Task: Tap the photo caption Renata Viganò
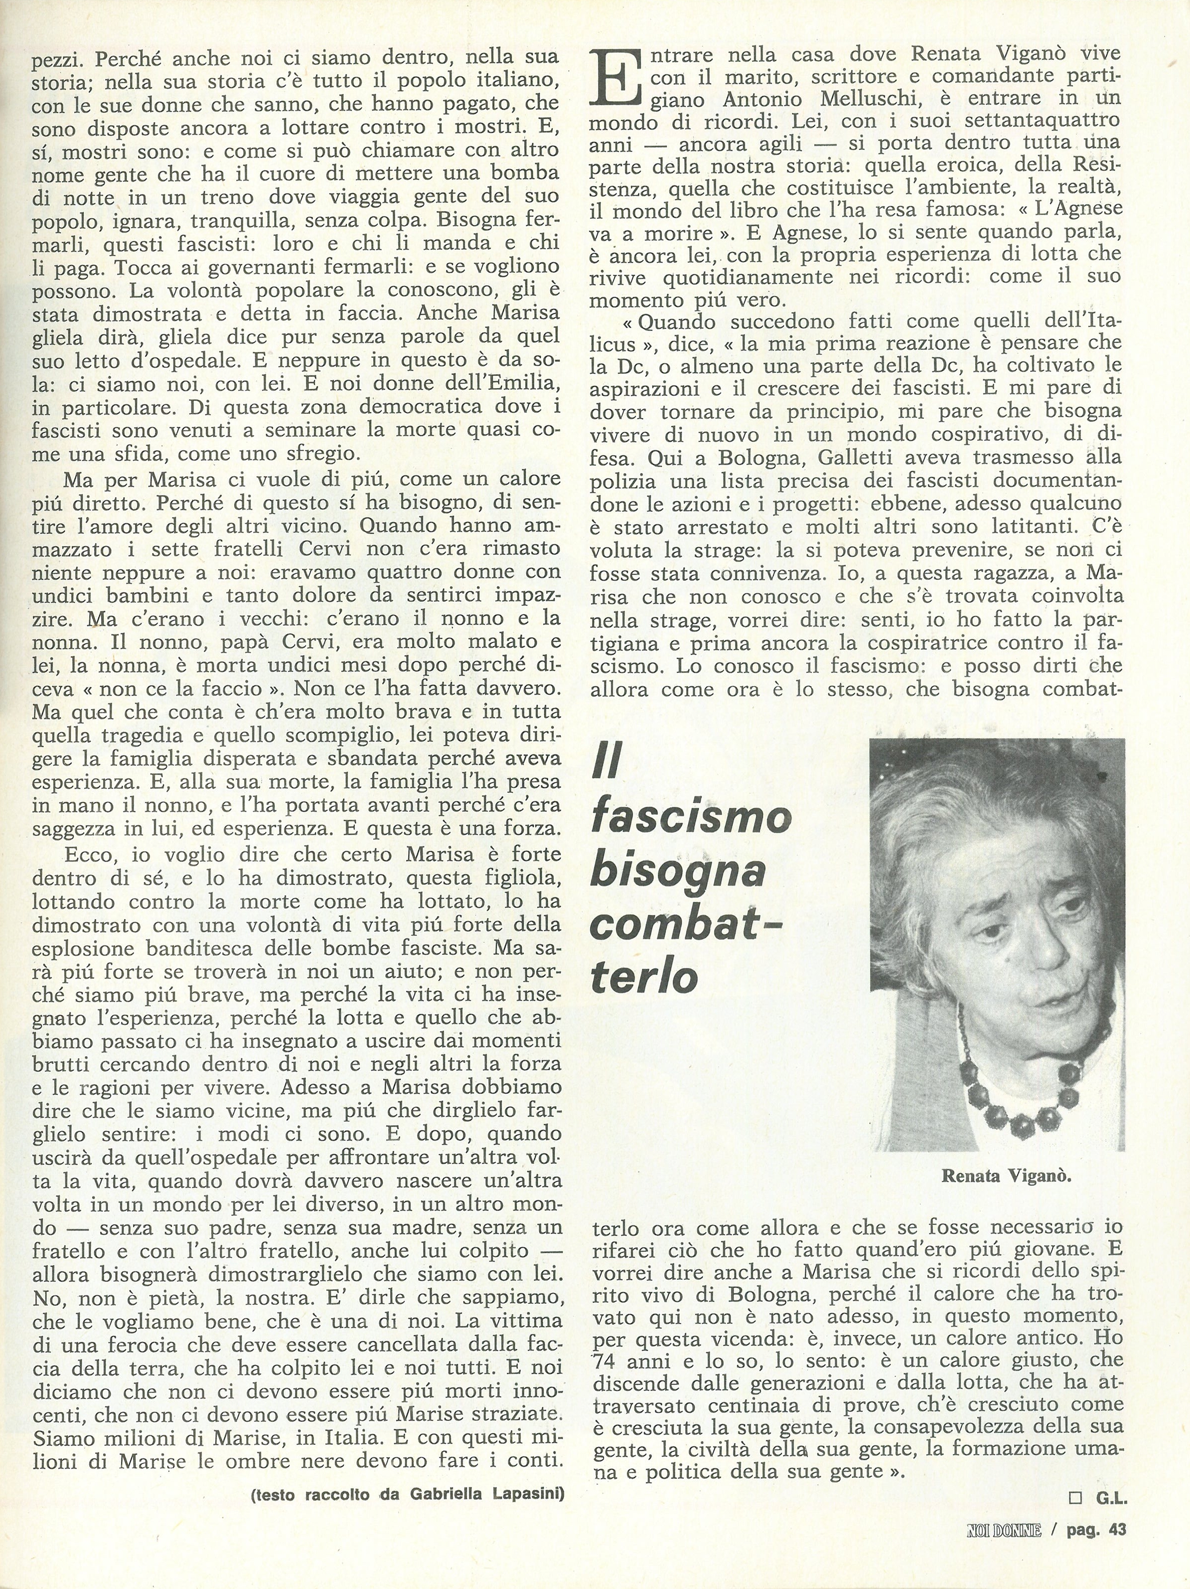coord(1006,1176)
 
